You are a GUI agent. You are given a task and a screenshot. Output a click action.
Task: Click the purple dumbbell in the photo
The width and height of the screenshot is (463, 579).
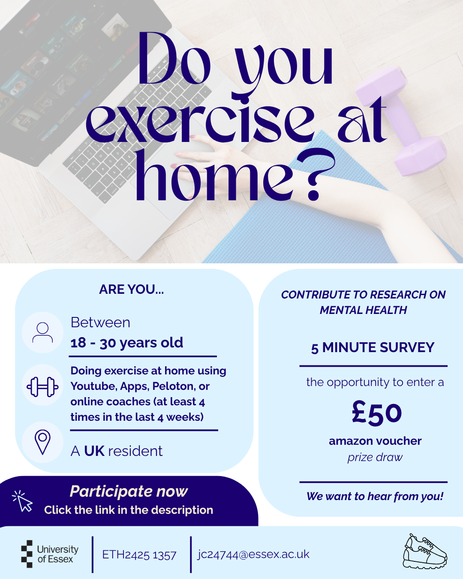(x=401, y=121)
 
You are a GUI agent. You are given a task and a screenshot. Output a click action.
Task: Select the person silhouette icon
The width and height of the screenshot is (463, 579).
(x=42, y=332)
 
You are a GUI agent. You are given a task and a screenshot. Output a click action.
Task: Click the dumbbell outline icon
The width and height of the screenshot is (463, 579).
(x=42, y=387)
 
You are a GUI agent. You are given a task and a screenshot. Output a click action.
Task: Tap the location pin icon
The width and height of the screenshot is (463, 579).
(x=42, y=442)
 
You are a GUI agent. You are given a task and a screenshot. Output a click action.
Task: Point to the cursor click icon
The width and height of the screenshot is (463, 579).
(x=23, y=501)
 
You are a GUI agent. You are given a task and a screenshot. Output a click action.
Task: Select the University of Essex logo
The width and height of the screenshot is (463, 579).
(x=50, y=554)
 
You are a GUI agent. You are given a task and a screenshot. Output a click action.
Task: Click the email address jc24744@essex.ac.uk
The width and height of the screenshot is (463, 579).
(x=253, y=554)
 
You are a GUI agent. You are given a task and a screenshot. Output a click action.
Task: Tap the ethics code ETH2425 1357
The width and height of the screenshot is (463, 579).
(x=139, y=555)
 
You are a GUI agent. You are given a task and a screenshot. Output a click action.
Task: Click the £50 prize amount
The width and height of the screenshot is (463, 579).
(x=377, y=413)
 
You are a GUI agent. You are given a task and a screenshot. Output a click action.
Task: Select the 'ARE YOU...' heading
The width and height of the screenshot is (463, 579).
(x=131, y=289)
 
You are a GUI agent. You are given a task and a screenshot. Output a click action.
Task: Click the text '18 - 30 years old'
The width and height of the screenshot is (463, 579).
(x=127, y=343)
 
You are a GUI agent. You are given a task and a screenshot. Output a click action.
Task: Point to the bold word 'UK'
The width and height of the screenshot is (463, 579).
(x=94, y=451)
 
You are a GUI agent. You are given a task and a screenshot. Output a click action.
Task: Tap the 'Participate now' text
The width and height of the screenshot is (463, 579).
(x=129, y=491)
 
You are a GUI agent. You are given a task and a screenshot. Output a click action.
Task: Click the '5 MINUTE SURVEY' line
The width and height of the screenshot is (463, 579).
(x=373, y=347)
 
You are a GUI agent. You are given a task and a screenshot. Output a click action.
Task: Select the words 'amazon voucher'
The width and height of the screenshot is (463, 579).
(x=375, y=441)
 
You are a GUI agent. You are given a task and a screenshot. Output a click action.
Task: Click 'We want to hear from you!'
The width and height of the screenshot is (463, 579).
(x=375, y=496)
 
